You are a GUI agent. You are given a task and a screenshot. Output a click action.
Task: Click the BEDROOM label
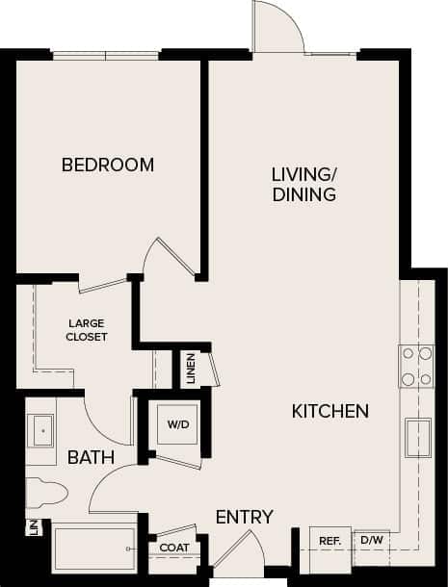click(108, 165)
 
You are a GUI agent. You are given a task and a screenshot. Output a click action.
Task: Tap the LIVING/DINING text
click(303, 185)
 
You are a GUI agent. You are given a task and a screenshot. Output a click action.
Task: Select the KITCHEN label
click(330, 412)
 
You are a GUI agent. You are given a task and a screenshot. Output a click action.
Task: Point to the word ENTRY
click(244, 517)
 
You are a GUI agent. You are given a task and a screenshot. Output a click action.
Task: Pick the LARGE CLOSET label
click(87, 330)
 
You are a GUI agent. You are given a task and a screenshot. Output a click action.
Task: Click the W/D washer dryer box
click(178, 424)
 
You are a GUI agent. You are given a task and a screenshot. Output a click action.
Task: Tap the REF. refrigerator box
click(330, 542)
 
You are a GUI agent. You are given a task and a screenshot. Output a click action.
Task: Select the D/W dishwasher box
click(371, 542)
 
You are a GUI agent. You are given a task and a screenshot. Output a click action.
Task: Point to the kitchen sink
click(420, 439)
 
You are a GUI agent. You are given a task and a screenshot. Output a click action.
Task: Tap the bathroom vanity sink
click(40, 430)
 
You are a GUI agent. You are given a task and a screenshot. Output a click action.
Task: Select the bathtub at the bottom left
click(93, 549)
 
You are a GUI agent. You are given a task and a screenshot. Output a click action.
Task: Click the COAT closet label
click(175, 549)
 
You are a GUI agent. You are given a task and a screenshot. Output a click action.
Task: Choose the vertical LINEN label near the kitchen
click(191, 367)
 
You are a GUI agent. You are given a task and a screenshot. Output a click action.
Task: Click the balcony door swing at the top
click(277, 27)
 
